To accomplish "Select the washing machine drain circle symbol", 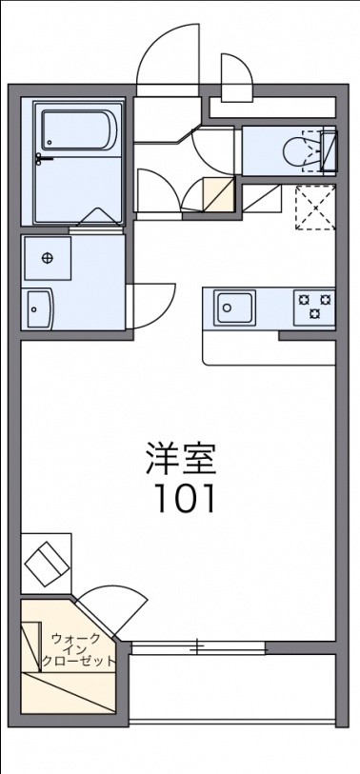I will [48, 257].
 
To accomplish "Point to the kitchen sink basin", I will [233, 308].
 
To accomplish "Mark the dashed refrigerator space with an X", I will [315, 207].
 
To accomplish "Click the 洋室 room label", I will [181, 458].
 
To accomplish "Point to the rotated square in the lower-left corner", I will [47, 563].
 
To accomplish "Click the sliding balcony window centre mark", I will [198, 647].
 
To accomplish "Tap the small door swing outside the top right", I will [234, 77].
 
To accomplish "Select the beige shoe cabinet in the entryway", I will [218, 195].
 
